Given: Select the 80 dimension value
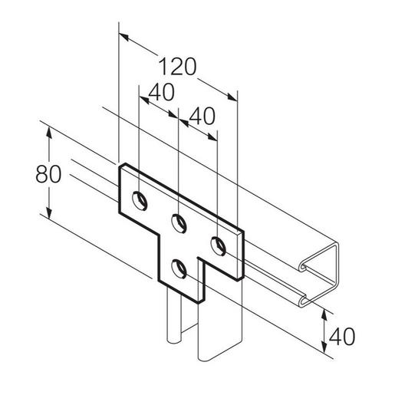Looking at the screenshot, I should pos(48,175).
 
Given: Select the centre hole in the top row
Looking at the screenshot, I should pos(178,224).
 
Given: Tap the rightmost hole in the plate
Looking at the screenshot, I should pos(218,246).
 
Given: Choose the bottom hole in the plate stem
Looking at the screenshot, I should pos(179,268).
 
